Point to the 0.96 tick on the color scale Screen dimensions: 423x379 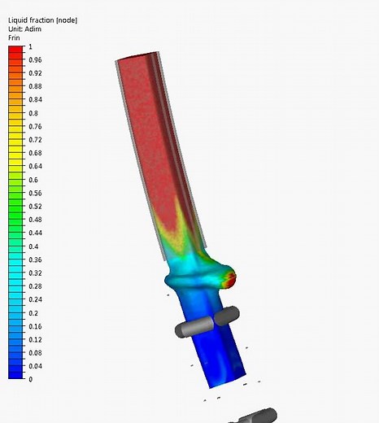(x=35, y=60)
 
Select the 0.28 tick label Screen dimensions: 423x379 (x=35, y=286)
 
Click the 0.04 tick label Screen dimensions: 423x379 (x=35, y=366)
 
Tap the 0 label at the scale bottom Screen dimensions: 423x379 (x=30, y=380)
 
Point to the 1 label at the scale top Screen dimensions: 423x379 (x=30, y=47)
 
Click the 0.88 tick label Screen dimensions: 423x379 (x=35, y=87)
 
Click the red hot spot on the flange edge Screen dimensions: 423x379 (x=230, y=281)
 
